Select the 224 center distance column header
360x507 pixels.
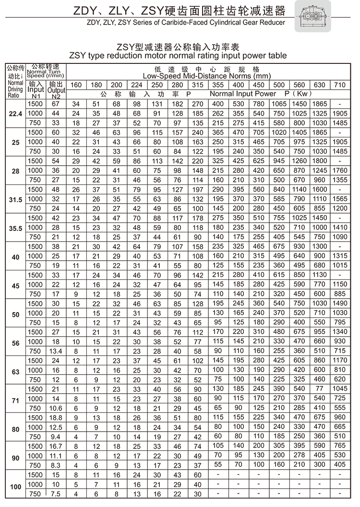(137, 85)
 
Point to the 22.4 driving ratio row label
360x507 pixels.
(15, 114)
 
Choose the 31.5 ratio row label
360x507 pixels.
(15, 199)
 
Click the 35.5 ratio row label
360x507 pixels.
(15, 228)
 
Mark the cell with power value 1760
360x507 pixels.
(340, 170)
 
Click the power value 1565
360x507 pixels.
(340, 199)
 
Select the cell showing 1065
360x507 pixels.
(278, 104)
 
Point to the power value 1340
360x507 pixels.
(340, 332)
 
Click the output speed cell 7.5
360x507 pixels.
(56, 494)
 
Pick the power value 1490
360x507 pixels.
(340, 303)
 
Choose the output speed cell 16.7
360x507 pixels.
(56, 446)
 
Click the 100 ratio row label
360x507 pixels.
(15, 484)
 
